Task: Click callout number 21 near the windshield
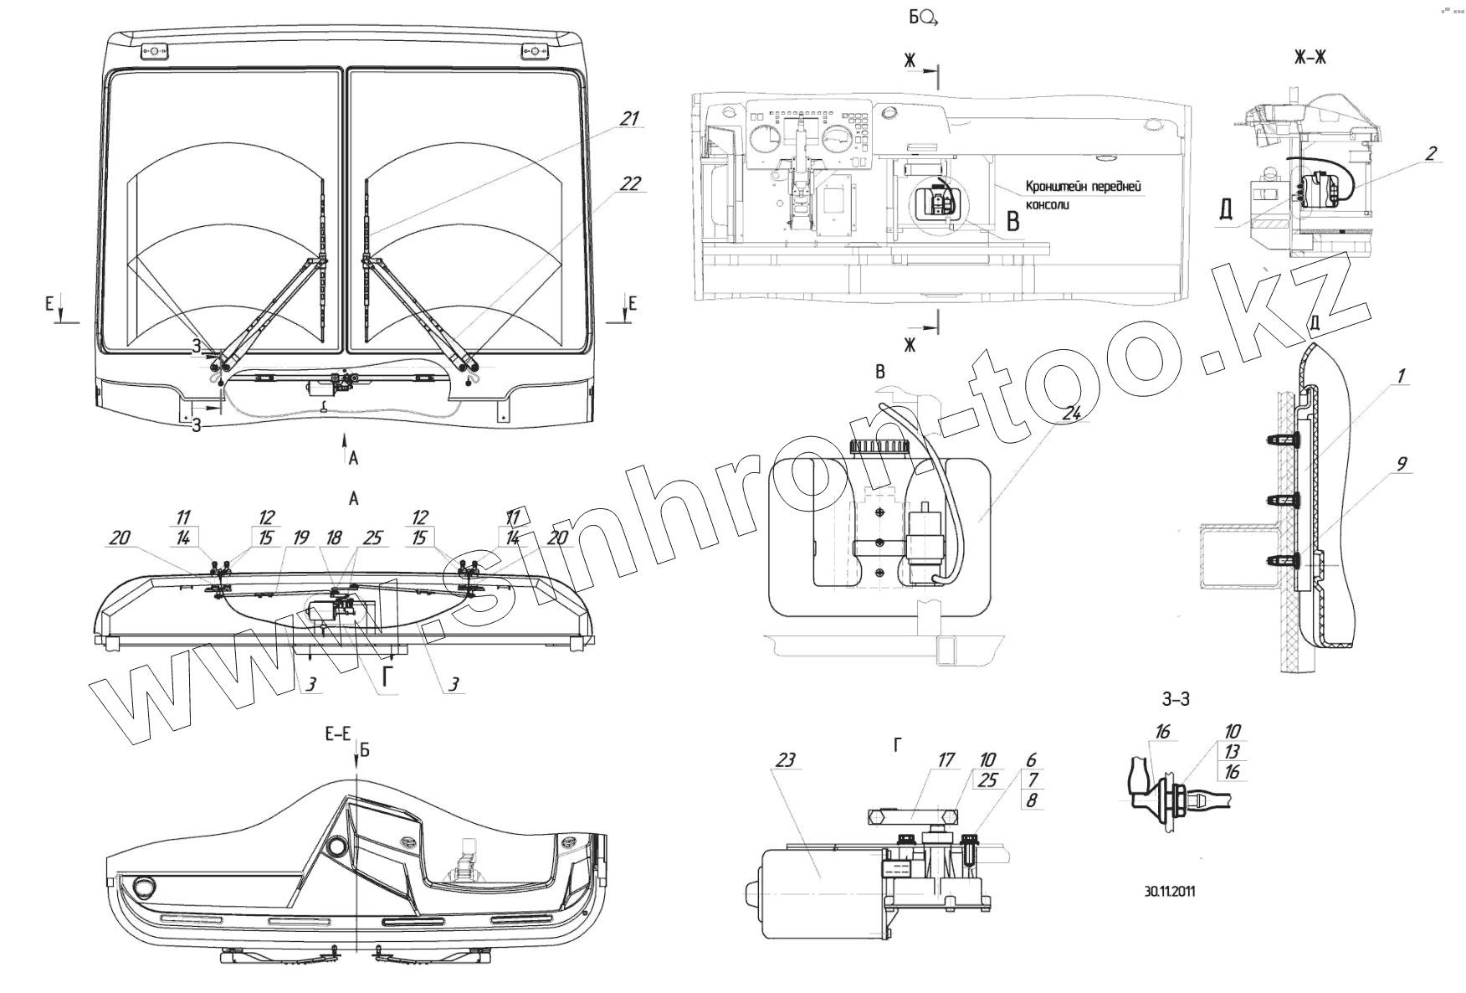point(628,119)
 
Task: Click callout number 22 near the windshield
point(630,184)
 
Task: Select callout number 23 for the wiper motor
point(786,761)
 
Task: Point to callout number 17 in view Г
point(946,761)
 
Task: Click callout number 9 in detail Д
point(1402,464)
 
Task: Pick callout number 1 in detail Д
point(1400,376)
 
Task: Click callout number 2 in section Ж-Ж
point(1431,153)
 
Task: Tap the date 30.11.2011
point(1170,892)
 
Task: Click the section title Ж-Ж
point(1310,57)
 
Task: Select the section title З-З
point(1176,699)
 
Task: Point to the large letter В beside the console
point(1013,222)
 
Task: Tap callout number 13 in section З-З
point(1232,752)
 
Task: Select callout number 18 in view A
point(334,538)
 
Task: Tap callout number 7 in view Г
point(1032,780)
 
